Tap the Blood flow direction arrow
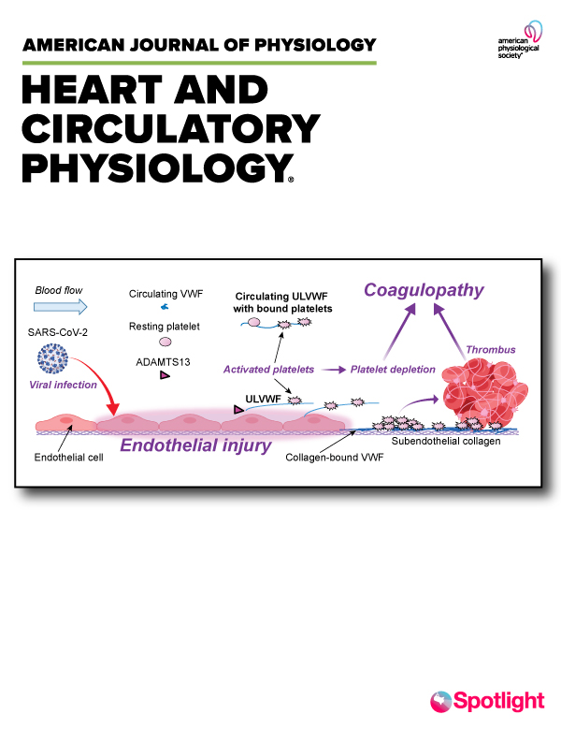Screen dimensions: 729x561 click(x=60, y=307)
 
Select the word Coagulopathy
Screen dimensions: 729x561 click(x=424, y=290)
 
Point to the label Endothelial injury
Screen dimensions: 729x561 click(x=195, y=445)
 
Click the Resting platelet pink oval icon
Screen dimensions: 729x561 click(x=165, y=343)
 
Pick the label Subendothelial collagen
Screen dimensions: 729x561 click(x=446, y=442)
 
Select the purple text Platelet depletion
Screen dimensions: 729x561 click(x=393, y=370)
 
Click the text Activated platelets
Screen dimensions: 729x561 click(x=268, y=370)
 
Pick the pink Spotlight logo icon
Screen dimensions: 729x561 click(x=440, y=701)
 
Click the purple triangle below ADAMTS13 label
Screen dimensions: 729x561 click(x=165, y=375)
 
